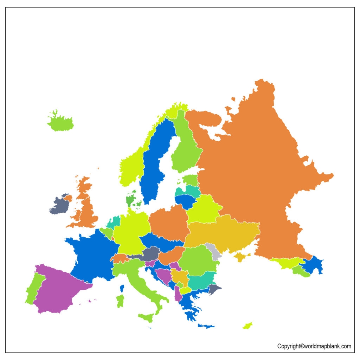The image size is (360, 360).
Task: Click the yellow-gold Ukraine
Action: (225, 234)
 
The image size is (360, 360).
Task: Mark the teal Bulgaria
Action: (201, 281)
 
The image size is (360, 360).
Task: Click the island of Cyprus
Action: (247, 325)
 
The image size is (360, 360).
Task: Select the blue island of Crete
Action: (206, 326)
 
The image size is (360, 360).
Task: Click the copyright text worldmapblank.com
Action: (314, 346)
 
